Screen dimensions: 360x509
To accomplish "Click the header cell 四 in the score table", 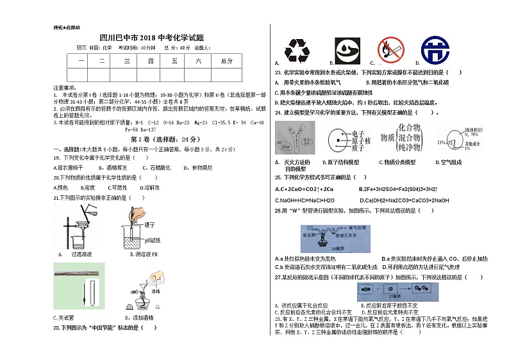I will click(x=151, y=61).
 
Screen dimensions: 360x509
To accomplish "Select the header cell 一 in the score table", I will click(x=81, y=61).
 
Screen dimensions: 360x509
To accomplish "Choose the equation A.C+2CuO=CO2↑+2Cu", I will click(x=305, y=189).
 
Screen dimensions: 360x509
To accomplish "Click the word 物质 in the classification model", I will click(x=387, y=138).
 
